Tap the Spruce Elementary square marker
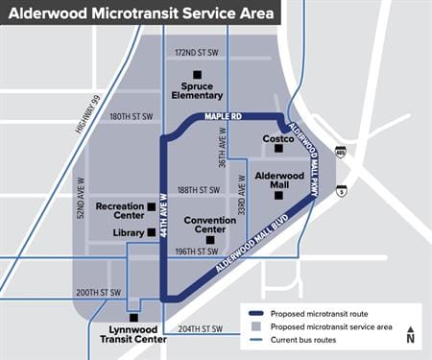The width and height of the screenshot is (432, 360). pos(198,74)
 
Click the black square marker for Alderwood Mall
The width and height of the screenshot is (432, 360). pos(279,195)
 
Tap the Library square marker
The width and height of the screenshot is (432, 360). pos(152,232)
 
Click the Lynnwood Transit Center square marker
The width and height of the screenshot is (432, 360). pos(133,316)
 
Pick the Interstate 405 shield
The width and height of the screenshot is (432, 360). pos(341,152)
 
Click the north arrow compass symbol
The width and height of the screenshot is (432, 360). pos(410,332)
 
